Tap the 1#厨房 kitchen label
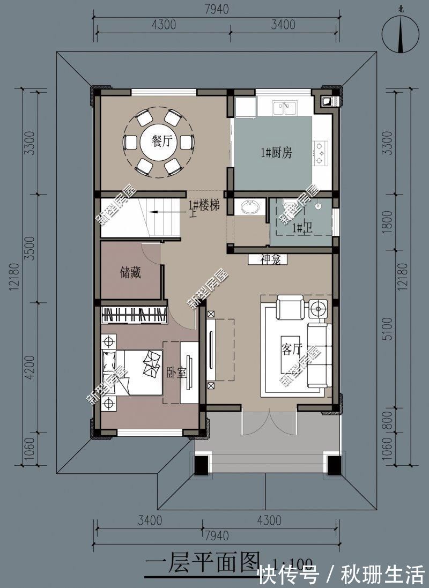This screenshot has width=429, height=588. (276, 153)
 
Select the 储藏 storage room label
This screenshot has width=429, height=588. (130, 273)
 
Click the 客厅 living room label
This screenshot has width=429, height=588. (291, 349)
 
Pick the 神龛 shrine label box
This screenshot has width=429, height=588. (268, 259)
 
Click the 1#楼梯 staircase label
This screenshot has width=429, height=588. (203, 205)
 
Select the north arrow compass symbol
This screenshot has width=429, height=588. (401, 34)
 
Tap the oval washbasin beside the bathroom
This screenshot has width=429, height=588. (250, 207)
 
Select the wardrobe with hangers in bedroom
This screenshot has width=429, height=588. (134, 315)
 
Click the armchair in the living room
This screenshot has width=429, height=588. (290, 309)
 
